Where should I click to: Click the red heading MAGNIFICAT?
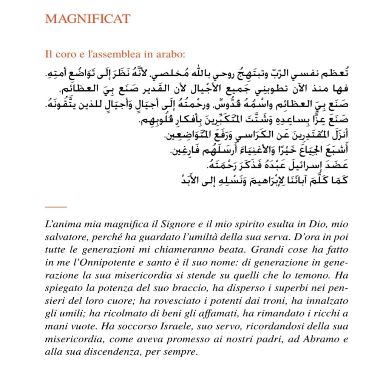88,19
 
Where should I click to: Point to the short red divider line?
56,207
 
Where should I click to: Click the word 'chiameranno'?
193,250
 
